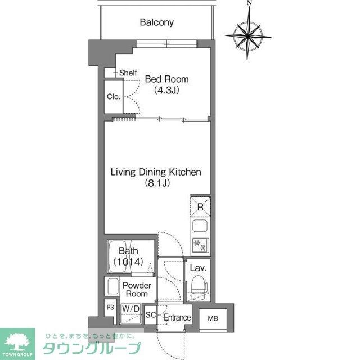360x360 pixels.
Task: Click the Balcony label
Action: coord(156,23)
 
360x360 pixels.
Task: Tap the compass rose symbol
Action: coord(248,35)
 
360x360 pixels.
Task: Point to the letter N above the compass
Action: coord(250,4)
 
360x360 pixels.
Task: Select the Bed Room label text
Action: coord(167,79)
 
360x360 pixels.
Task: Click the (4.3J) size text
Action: coord(166,90)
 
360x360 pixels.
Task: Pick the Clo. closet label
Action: coord(113,96)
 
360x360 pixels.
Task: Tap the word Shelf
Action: coord(128,73)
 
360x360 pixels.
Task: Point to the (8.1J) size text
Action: coord(157,183)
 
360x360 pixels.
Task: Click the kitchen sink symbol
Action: coord(200,227)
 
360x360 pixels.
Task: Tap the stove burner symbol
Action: coord(200,245)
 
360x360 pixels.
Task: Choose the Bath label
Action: coord(129,252)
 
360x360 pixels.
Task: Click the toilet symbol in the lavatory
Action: coord(198,284)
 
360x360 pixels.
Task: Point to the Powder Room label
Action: coord(137,289)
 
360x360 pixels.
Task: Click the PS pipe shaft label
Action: coord(110,308)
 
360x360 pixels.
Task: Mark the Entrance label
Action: coord(177,318)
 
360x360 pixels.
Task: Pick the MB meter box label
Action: coord(212,318)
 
